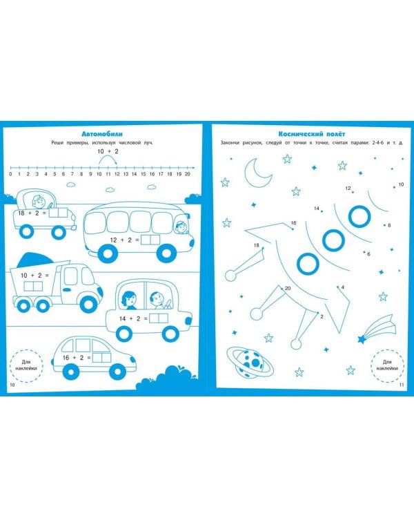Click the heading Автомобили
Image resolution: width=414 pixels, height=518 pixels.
coord(101,134)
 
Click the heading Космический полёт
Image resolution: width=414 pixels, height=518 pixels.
coord(312,134)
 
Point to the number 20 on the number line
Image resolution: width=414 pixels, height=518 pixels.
coord(187,174)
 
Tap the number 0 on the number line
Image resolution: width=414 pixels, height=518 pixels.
coord(10,174)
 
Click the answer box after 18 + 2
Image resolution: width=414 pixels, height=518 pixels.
coord(58,213)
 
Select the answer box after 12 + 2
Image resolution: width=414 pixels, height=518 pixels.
coord(150,240)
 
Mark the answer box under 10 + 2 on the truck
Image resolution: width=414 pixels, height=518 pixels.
coord(33,286)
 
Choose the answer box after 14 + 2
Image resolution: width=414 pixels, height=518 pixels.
coord(159,318)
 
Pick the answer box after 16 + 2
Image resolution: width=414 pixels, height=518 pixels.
coord(101,358)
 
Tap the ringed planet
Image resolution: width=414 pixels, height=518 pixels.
coord(250,362)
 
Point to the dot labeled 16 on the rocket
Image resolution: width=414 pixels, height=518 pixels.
coord(292,229)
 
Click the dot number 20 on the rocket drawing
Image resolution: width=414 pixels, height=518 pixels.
coord(282,289)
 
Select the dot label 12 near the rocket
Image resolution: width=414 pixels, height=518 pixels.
coord(348,189)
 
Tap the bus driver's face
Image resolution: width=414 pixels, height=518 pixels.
coord(181,227)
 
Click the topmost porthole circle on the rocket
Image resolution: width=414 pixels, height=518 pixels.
coord(359,216)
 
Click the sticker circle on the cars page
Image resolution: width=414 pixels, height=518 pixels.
coord(27,365)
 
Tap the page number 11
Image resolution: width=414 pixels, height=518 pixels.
coord(402,385)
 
